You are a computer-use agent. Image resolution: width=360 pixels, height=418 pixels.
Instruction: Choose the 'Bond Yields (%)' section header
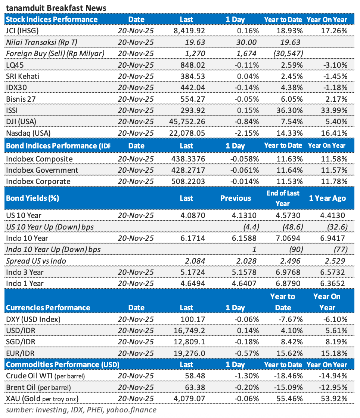tap(32, 198)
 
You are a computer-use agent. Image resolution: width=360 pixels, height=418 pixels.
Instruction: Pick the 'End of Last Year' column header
tap(283, 198)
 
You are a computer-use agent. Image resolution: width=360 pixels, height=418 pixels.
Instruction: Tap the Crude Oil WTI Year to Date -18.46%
tap(288, 376)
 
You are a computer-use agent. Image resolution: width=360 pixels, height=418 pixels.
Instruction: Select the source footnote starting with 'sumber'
tap(81, 410)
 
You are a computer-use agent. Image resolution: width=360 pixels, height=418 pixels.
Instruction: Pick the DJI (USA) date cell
tap(136, 121)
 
